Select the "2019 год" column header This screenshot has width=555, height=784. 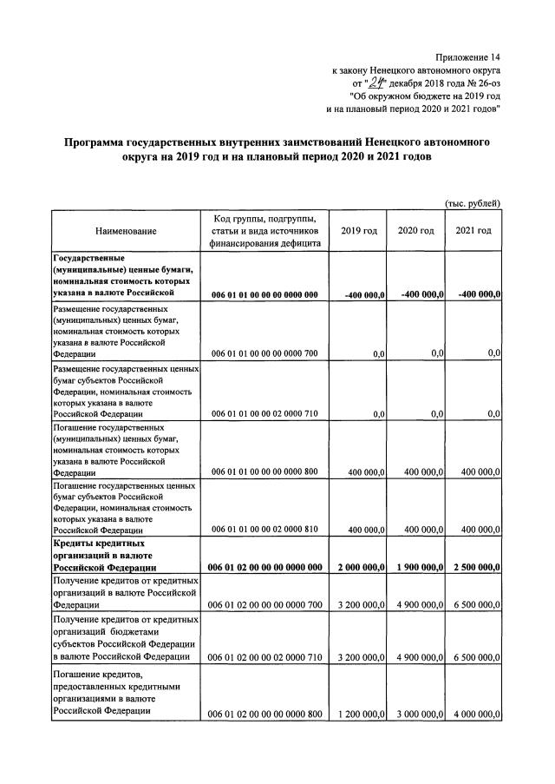tap(358, 230)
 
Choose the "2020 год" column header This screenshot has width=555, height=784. tap(415, 230)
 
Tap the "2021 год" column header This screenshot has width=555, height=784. tap(473, 230)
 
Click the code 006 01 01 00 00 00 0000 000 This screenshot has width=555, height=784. tap(265, 295)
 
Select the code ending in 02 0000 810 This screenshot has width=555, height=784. tap(265, 529)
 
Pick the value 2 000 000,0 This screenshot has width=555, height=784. tap(357, 568)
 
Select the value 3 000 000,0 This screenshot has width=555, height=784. tap(415, 715)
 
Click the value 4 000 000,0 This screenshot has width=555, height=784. tap(473, 715)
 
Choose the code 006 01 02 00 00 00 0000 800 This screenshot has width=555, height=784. tap(265, 715)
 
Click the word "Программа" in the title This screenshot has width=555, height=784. tap(102, 142)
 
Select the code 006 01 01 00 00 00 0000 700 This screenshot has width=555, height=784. tap(265, 352)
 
